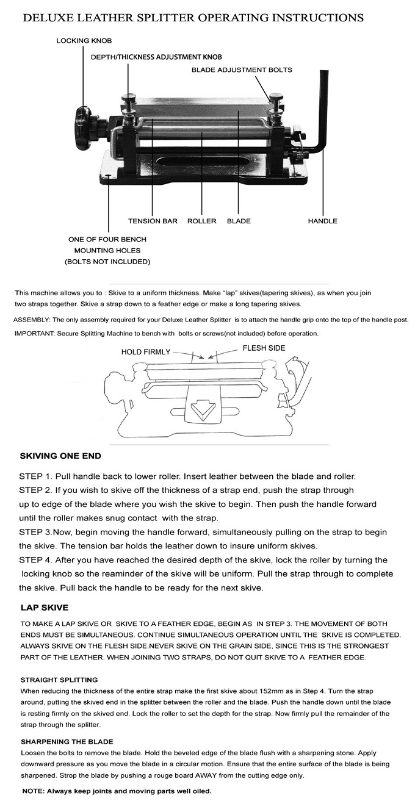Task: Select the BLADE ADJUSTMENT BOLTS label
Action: pos(242,70)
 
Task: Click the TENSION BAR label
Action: pos(153,221)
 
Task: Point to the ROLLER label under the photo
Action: pos(201,221)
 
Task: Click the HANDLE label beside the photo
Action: pos(322,221)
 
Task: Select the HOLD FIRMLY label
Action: pos(146,351)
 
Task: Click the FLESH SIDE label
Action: pos(264,348)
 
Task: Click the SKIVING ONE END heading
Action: pos(60,456)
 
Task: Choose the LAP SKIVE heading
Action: pos(44,608)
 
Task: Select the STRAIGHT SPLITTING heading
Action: pos(59,680)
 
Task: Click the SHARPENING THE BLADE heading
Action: pos(67,741)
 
